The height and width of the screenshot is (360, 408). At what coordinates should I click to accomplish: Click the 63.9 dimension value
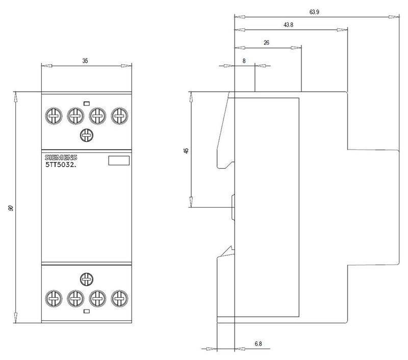[x=314, y=12]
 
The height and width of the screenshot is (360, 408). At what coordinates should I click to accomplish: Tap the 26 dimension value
[x=266, y=43]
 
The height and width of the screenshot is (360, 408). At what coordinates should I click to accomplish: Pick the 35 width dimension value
[x=85, y=61]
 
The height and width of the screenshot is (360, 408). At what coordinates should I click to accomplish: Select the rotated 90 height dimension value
[x=11, y=208]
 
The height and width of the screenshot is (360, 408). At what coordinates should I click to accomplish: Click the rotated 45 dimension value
[x=186, y=150]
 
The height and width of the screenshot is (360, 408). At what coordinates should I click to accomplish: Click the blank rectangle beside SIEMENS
[x=119, y=161]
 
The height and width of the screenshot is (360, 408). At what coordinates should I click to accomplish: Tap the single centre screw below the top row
[x=86, y=135]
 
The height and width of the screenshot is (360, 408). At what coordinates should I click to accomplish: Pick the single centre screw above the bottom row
[x=86, y=278]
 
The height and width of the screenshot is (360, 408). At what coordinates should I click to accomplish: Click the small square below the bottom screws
[x=86, y=311]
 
